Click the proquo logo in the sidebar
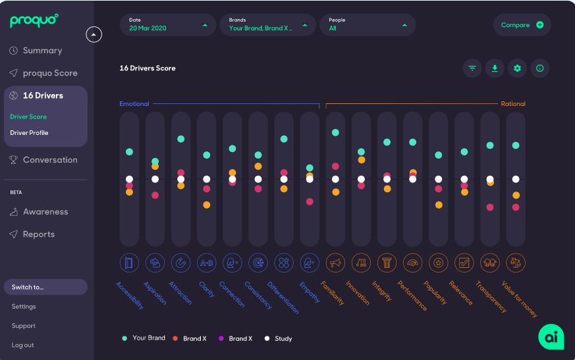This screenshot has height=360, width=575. click(34, 21)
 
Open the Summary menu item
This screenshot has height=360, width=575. click(42, 51)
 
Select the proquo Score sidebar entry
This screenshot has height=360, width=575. click(49, 73)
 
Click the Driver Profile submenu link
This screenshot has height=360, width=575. click(29, 133)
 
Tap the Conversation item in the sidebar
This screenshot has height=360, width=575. click(49, 160)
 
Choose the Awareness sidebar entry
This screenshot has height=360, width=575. click(45, 212)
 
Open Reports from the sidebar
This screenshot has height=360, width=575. click(38, 234)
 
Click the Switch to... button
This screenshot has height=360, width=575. click(45, 287)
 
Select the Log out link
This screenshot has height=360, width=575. click(22, 345)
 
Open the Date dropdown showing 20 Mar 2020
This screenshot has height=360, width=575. click(168, 25)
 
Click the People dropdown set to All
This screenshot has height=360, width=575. click(368, 25)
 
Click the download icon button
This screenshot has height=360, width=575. click(495, 68)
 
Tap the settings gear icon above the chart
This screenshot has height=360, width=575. click(517, 68)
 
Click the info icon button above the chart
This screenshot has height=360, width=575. click(539, 68)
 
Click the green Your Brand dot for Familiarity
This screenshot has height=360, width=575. click(335, 133)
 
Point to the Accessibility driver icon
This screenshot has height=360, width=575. click(129, 263)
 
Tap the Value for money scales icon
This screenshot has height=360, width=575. click(516, 263)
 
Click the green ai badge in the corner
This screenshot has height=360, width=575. click(551, 336)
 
